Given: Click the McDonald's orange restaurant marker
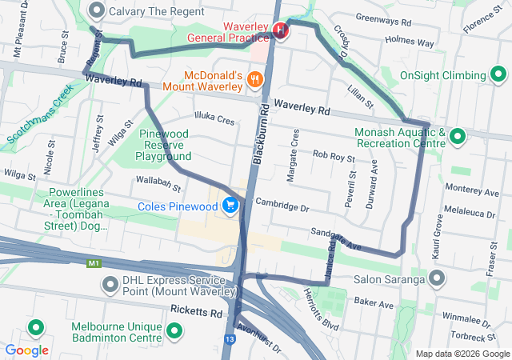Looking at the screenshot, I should [254, 78].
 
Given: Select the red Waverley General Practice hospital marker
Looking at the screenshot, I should [280, 30].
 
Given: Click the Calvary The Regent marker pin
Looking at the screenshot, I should [98, 10].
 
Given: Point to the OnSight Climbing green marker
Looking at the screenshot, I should [498, 75].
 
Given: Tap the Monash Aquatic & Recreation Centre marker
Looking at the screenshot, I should [458, 137].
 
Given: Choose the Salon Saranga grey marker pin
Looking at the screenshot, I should [437, 279].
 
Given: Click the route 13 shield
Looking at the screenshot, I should [230, 339].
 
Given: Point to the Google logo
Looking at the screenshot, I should [27, 350].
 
